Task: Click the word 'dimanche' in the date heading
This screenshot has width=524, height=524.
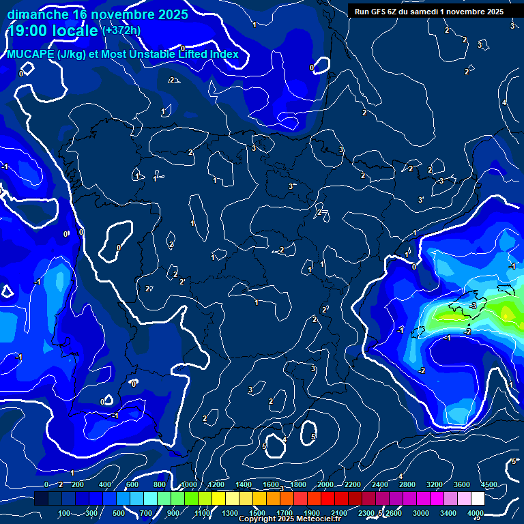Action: (x=38, y=14)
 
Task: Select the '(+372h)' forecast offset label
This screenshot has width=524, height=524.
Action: (x=121, y=31)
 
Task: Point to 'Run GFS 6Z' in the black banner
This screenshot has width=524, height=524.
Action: (x=379, y=12)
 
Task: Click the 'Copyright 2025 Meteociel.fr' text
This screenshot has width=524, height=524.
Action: (x=290, y=519)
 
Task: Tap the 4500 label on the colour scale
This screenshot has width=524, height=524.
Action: (x=489, y=484)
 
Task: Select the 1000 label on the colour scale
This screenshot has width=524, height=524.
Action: (x=188, y=484)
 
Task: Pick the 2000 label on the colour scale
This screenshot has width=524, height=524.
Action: (x=325, y=484)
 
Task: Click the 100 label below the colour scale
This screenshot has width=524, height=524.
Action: (x=65, y=513)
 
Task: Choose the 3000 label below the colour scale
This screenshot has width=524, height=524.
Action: (x=421, y=513)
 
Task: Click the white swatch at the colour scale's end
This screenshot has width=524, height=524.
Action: (x=478, y=499)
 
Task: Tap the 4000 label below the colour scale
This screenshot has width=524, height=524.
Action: (x=476, y=513)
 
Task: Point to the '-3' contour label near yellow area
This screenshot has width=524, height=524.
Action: (x=472, y=306)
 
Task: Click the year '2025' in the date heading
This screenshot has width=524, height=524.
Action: (x=169, y=14)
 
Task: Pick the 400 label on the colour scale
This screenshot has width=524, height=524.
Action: (x=105, y=484)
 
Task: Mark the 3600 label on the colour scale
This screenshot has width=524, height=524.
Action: (x=462, y=484)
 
